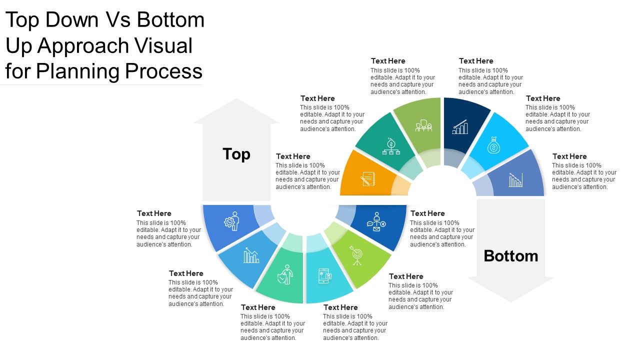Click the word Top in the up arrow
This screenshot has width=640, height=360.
pos(236,154)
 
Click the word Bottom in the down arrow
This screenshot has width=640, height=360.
pos(510,256)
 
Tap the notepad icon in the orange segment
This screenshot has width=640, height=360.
pos(368,178)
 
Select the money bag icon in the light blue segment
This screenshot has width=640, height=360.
pos(493,145)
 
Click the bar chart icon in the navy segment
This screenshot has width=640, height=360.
pos(460,127)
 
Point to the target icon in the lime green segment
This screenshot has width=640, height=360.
pos(356,255)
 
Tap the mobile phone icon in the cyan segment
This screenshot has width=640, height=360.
pos(324,276)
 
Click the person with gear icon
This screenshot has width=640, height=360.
pos(232,220)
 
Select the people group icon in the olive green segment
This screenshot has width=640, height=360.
pos(423,126)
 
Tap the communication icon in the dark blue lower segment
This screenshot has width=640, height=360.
pos(376,221)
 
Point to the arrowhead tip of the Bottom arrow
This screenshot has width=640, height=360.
pos(510,301)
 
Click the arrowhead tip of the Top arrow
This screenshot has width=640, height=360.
pos(236,100)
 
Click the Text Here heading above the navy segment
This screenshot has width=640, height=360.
pos(476,61)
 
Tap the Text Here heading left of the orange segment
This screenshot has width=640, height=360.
pos(293,156)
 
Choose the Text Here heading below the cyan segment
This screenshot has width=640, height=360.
pos(340,307)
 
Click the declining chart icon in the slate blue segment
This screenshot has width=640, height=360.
pos(515,180)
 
